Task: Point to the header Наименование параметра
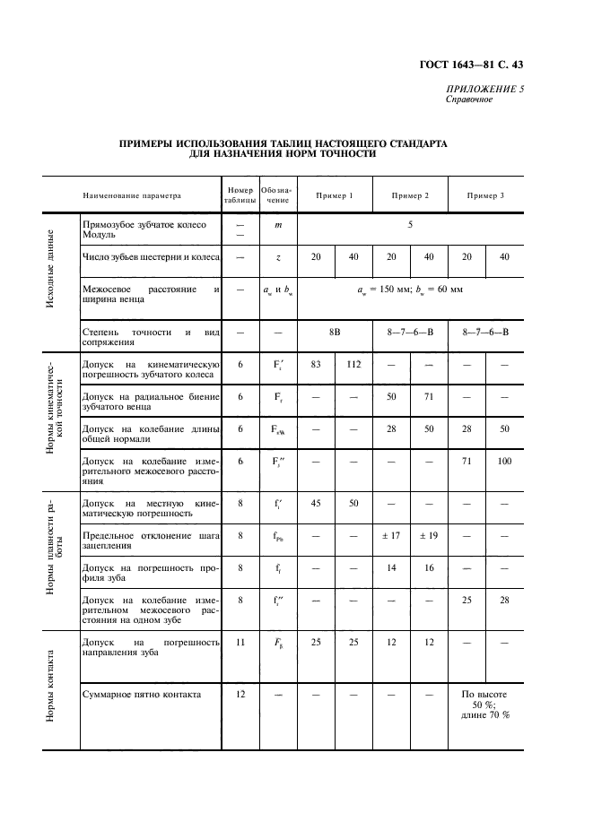pos(132,195)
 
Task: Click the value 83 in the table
pos(316,365)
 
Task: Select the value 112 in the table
pos(353,365)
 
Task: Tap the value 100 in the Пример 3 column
pos(504,462)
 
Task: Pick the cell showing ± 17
pos(391,535)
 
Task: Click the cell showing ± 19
pos(429,535)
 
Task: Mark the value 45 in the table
pos(316,504)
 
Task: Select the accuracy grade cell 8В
pos(335,332)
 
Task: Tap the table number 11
pos(240,642)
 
